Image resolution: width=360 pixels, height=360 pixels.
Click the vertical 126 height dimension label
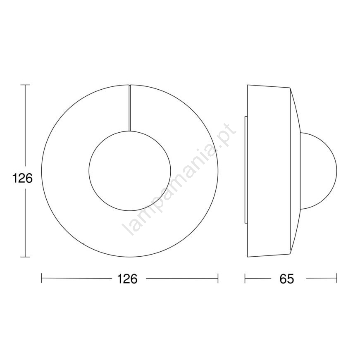pyautogui.click(x=22, y=179)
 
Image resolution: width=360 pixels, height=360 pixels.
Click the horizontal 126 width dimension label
pyautogui.click(x=127, y=279)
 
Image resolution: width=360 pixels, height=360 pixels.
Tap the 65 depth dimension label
pyautogui.click(x=287, y=279)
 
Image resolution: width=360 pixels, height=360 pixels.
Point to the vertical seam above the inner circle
pyautogui.click(x=129, y=108)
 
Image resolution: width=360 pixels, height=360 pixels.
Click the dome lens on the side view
pyautogui.click(x=336, y=171)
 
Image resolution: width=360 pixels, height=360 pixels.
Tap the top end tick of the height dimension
pyautogui.click(x=25, y=85)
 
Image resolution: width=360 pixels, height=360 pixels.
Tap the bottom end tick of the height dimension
pyautogui.click(x=25, y=257)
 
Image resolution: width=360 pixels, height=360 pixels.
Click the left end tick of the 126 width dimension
pyautogui.click(x=41, y=278)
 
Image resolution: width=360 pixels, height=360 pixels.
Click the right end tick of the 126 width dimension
pyautogui.click(x=218, y=278)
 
